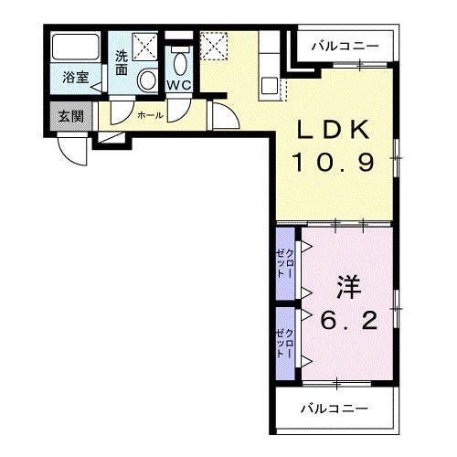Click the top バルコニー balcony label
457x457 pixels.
click(x=343, y=45)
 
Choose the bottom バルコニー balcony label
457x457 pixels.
click(x=335, y=408)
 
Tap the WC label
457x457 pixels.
click(x=178, y=86)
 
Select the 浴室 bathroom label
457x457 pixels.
click(x=75, y=79)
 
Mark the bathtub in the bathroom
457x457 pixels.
click(x=75, y=48)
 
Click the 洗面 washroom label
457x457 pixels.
click(x=122, y=62)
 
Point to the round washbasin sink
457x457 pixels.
click(x=146, y=81)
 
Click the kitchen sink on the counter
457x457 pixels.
click(x=271, y=86)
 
